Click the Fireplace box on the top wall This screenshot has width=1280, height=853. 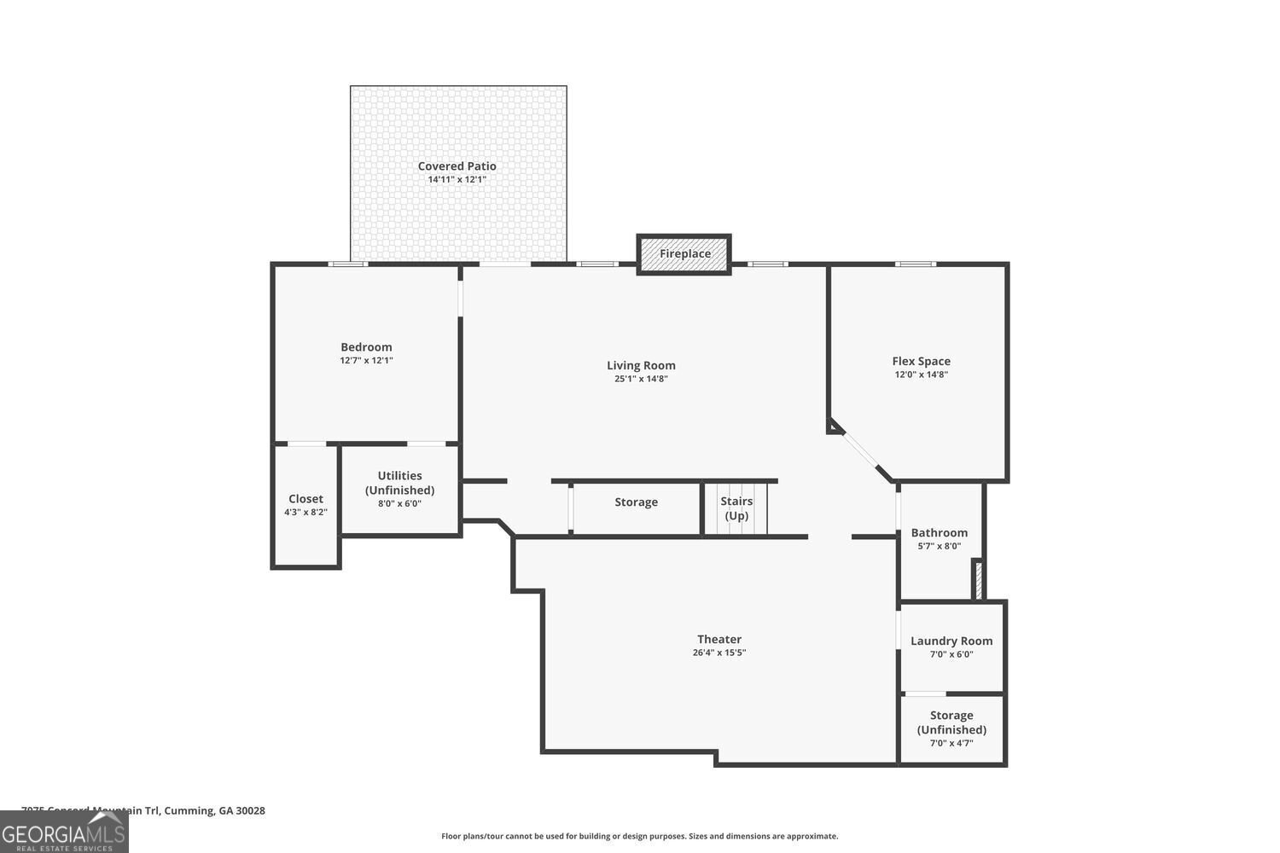[684, 254]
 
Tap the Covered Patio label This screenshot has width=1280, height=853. [457, 166]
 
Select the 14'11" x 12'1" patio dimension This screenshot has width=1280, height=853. [457, 180]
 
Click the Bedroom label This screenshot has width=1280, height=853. [366, 347]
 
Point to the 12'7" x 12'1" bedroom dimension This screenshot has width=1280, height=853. [366, 361]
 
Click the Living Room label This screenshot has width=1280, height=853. [641, 365]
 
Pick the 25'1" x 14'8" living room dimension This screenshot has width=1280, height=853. [641, 379]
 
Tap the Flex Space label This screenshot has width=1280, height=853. [921, 361]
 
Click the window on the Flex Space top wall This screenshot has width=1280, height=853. [915, 264]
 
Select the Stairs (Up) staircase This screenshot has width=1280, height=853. [736, 509]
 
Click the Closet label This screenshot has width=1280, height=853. [305, 499]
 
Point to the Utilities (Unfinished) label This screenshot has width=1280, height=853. [399, 483]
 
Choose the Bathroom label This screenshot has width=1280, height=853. [939, 533]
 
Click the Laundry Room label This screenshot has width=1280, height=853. [951, 641]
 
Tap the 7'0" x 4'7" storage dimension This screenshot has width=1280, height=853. [951, 743]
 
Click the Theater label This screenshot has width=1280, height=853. [719, 639]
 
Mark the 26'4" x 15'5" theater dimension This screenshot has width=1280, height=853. [719, 653]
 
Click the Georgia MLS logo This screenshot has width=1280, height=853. [64, 832]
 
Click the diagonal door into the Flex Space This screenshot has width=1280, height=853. [860, 450]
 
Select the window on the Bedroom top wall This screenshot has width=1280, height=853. [349, 264]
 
